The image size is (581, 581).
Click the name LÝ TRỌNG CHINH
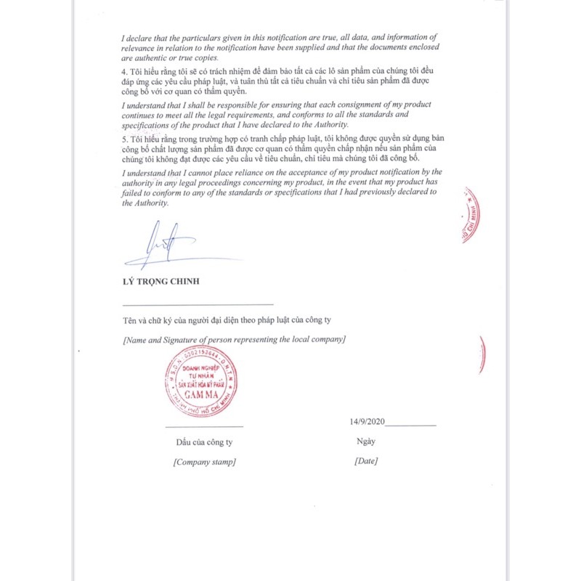161,281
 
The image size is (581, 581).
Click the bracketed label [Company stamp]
204,461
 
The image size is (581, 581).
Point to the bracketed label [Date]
366,461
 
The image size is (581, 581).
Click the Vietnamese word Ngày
366,441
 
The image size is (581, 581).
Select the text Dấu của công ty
204,442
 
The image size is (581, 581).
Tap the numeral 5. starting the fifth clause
125,138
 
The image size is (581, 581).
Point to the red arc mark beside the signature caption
482,355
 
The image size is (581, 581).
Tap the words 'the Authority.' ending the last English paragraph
145,204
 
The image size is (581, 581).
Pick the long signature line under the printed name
198,304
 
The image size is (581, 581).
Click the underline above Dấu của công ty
204,426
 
